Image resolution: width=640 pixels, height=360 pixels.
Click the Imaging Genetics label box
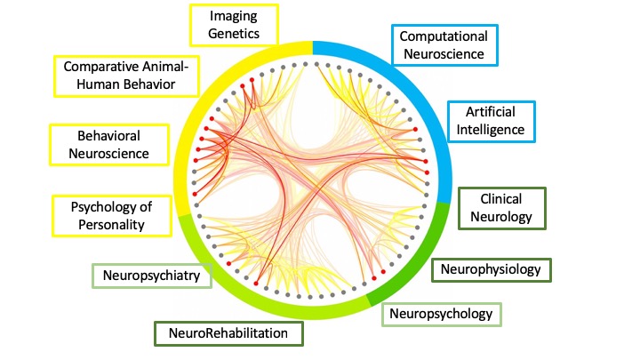click(x=233, y=28)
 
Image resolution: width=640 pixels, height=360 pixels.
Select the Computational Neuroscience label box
click(x=445, y=45)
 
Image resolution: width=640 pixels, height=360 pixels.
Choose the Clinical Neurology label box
click(x=500, y=207)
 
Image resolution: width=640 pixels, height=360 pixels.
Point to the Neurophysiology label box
click(x=491, y=269)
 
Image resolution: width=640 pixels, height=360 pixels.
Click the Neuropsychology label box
click(x=442, y=314)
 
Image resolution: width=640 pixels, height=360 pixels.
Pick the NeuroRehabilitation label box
click(x=228, y=334)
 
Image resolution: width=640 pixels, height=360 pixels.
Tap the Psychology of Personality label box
click(x=111, y=216)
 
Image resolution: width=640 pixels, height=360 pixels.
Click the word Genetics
click(x=234, y=36)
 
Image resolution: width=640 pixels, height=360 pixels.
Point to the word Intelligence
click(x=492, y=130)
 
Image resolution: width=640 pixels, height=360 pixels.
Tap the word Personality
click(x=112, y=224)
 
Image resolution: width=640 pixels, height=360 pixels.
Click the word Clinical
click(x=500, y=199)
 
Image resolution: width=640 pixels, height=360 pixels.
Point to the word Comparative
click(x=97, y=68)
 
